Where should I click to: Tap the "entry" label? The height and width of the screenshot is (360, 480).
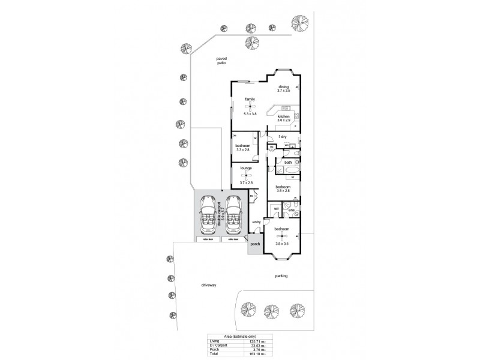tap(256, 223)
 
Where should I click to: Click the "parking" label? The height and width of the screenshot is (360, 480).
tap(282, 276)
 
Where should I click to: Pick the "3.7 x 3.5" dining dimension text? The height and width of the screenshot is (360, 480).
tap(284, 91)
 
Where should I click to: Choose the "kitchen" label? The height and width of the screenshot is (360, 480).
tap(284, 116)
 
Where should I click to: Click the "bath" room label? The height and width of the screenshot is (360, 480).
tap(288, 163)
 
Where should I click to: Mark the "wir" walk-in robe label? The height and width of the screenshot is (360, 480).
tap(276, 209)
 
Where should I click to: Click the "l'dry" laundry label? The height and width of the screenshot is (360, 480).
tap(283, 136)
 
